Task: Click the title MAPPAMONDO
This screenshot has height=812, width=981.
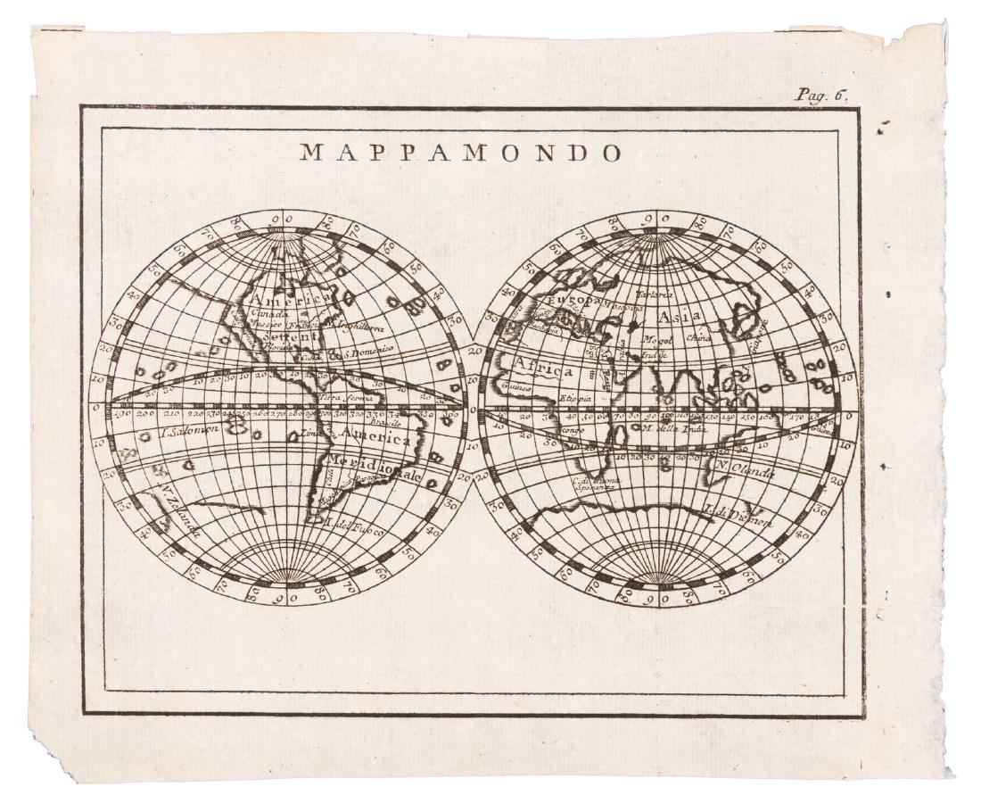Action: pyautogui.click(x=461, y=152)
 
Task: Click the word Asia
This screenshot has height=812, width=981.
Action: pyautogui.click(x=680, y=318)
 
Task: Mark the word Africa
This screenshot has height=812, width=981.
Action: pyautogui.click(x=543, y=368)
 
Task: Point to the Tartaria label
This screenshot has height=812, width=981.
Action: pyautogui.click(x=654, y=291)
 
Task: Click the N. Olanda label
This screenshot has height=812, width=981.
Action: pyautogui.click(x=744, y=469)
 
